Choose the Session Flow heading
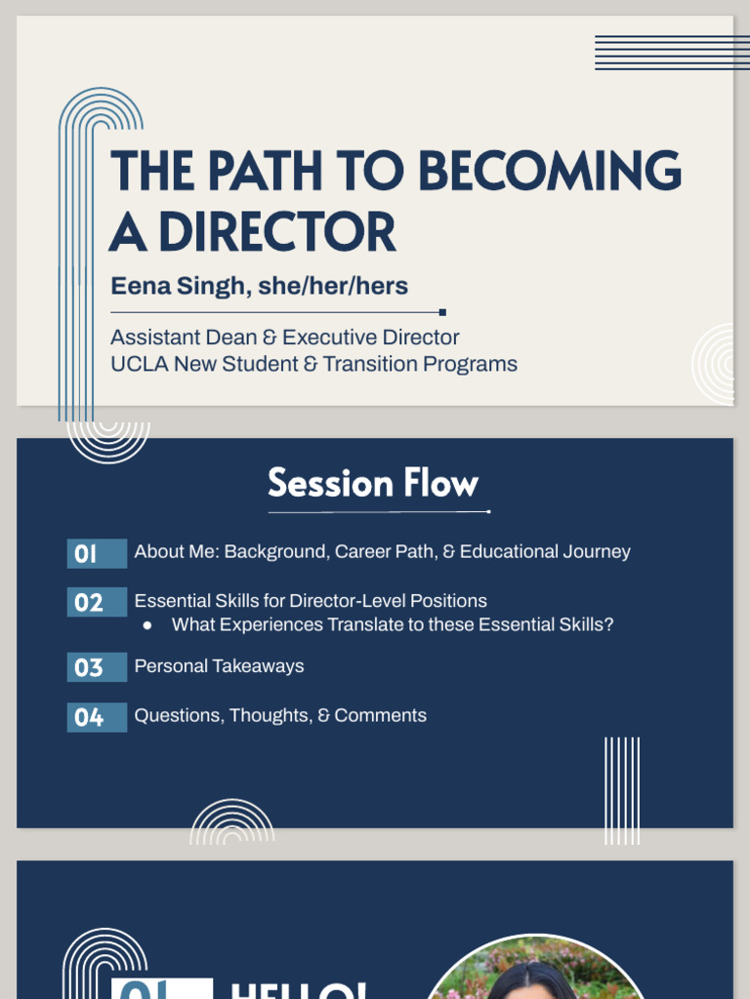click(x=373, y=484)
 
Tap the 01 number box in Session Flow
click(x=97, y=553)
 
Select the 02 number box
click(x=97, y=602)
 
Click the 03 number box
click(x=97, y=667)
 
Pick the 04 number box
click(x=97, y=717)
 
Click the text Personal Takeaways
click(x=219, y=666)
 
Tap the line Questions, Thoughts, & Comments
click(x=280, y=715)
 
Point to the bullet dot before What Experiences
click(x=147, y=625)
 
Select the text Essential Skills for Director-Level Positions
click(x=311, y=601)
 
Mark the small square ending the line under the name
click(x=442, y=312)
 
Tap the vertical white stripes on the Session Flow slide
click(x=622, y=790)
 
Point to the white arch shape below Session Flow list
click(x=231, y=822)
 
